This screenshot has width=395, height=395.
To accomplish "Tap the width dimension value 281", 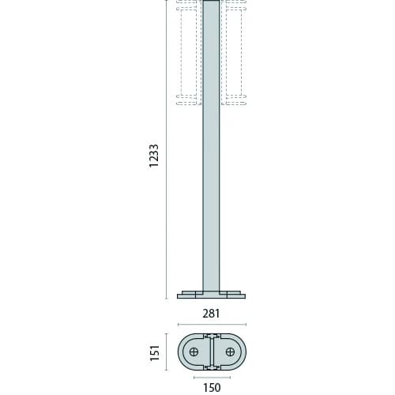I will point(211,314).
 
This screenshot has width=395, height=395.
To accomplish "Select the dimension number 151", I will point(155,350).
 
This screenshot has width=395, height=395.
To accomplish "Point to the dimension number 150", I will point(211,386).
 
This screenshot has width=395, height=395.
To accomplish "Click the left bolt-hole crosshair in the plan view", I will point(194,351).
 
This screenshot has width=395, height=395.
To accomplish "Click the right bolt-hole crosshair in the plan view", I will point(229,351).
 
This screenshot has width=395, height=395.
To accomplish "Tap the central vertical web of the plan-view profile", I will point(211,351).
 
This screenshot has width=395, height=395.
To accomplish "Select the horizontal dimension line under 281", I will point(211,324).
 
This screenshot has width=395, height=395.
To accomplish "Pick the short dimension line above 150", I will point(211,377).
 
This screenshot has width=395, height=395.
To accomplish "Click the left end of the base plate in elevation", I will point(179,296).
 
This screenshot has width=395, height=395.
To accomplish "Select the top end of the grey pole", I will point(211,3).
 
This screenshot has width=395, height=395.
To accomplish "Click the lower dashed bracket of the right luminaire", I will point(235,100).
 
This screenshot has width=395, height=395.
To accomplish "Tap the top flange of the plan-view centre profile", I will point(211,335).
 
